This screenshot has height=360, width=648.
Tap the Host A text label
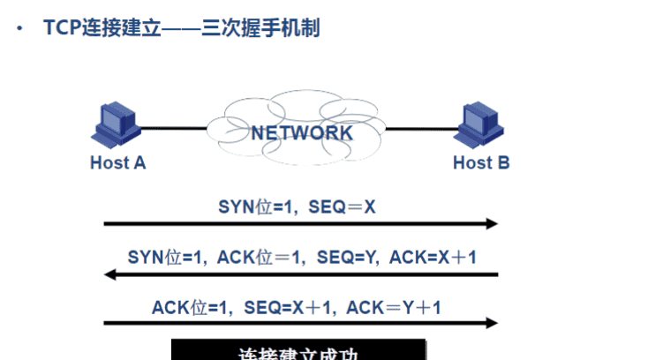[x=117, y=162]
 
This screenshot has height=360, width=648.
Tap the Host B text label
[x=481, y=162]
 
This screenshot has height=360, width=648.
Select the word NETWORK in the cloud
[x=302, y=133]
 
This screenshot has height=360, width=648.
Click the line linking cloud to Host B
[x=424, y=129]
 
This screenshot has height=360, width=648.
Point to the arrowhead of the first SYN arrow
[x=493, y=224]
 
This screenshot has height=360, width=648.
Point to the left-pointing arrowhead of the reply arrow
[x=110, y=274]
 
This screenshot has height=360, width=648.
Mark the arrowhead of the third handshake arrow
[x=493, y=323]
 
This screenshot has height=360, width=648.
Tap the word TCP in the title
[x=62, y=28]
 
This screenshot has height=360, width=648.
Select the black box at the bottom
[x=298, y=350]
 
